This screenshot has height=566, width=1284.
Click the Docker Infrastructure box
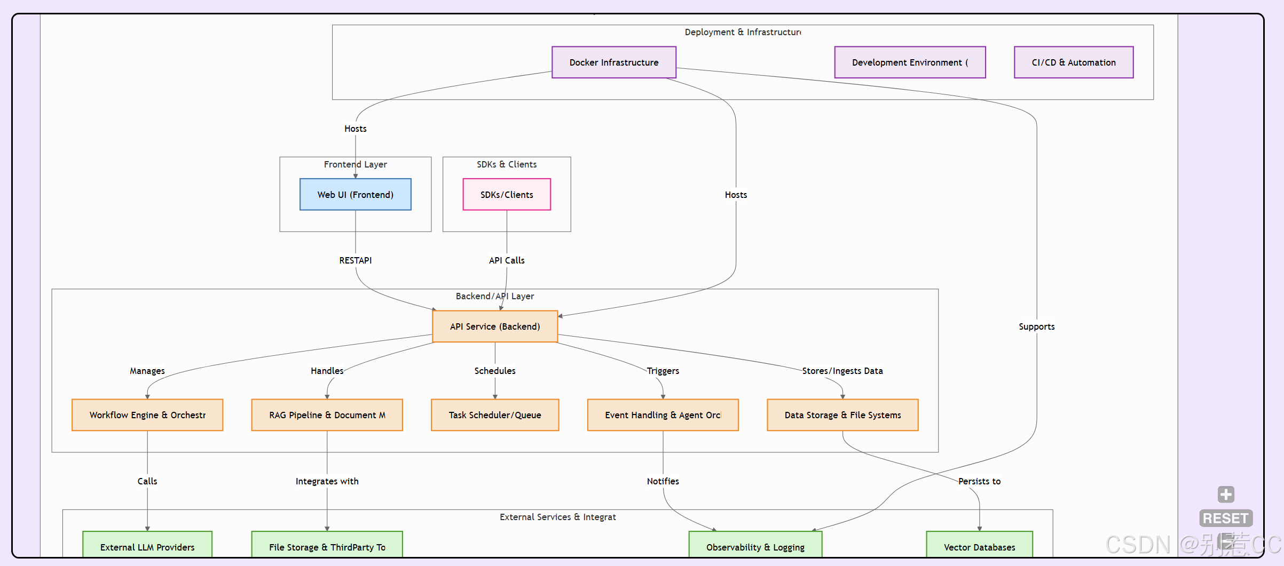pos(613,62)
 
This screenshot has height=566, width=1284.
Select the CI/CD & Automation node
pos(1073,62)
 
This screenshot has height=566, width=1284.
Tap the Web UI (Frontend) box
pos(355,195)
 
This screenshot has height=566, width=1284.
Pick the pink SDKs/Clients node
pos(507,195)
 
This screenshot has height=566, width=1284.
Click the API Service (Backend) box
pos(495,326)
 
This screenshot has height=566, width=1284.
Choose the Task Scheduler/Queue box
pos(495,415)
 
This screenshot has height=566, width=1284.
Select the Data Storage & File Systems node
pos(842,415)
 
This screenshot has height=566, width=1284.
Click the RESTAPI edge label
pos(355,260)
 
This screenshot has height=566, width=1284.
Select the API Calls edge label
pos(507,260)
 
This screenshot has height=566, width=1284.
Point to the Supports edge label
pos(1036,326)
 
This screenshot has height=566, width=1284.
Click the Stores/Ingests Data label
pos(842,371)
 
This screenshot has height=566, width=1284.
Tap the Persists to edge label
pos(979,481)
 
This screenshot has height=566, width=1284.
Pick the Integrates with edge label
pos(327,481)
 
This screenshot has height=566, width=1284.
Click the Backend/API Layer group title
pos(494,296)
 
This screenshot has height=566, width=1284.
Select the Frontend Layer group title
pos(355,164)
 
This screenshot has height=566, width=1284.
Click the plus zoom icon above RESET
pos(1226,494)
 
